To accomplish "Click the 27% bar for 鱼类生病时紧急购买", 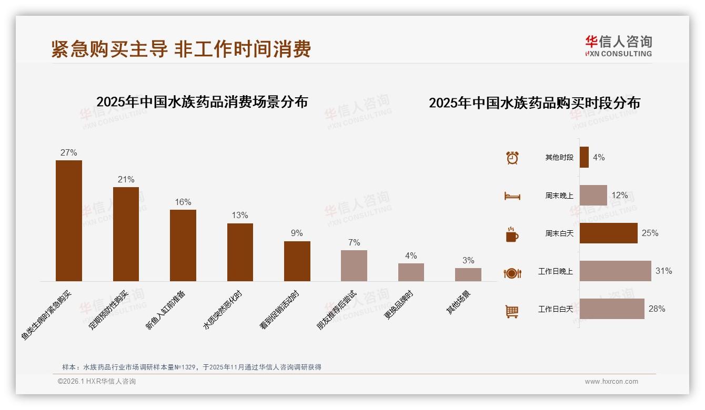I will pos(69,221).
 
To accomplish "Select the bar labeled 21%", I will pos(126,234).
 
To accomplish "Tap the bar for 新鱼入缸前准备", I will pos(183,245).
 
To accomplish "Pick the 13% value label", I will pos(240,216).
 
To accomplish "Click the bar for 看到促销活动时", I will pos(297,261).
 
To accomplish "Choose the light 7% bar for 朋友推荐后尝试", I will pos(354,265).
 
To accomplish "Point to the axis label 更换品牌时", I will pos(399,305).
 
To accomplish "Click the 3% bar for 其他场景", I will pos(468,274).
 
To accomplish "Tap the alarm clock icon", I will pos(512,158).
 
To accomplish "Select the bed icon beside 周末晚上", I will pos(512,196).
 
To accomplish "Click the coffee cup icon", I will pos(512,234).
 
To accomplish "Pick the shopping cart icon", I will pos(512,311).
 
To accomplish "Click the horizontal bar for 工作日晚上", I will pos(615,271).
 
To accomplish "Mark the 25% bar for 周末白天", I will pos(608,233).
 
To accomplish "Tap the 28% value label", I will pos(657,309).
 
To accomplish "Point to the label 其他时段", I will pos(559,158).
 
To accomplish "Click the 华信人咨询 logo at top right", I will pos(618,46).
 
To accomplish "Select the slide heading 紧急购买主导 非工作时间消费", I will pos(181,49).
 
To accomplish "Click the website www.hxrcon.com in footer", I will pos(611,382).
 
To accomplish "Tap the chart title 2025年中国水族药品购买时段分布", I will pos(534,103).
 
